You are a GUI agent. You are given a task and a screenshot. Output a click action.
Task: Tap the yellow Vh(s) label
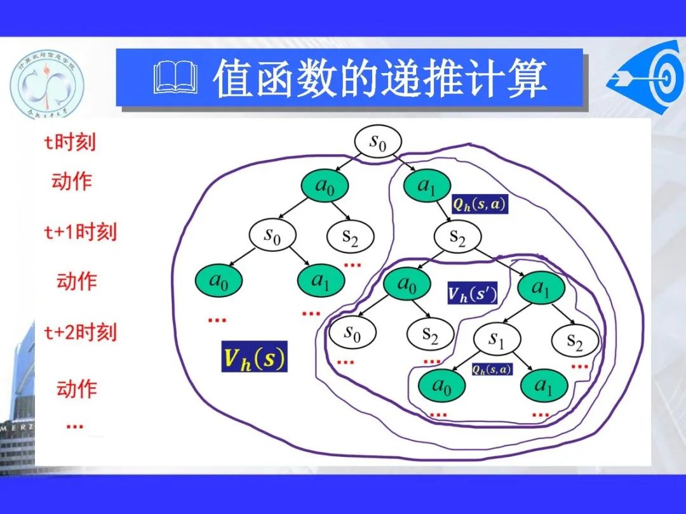[254, 357]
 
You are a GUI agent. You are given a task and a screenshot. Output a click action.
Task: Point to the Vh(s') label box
[472, 293]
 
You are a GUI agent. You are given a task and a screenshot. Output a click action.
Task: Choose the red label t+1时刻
[80, 232]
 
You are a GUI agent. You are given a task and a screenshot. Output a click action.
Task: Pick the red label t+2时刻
[80, 332]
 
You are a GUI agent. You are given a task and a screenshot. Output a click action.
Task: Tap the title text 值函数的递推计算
[380, 79]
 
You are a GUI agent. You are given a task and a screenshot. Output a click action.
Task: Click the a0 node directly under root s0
[324, 186]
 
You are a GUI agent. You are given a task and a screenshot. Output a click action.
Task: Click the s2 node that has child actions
[457, 237]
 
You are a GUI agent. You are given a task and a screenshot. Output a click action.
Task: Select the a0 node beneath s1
[441, 385]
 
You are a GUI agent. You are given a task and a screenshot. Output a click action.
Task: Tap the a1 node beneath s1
[543, 385]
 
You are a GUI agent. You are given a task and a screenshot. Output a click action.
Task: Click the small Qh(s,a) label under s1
[492, 369]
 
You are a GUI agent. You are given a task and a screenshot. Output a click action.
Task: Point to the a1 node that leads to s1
[541, 289]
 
